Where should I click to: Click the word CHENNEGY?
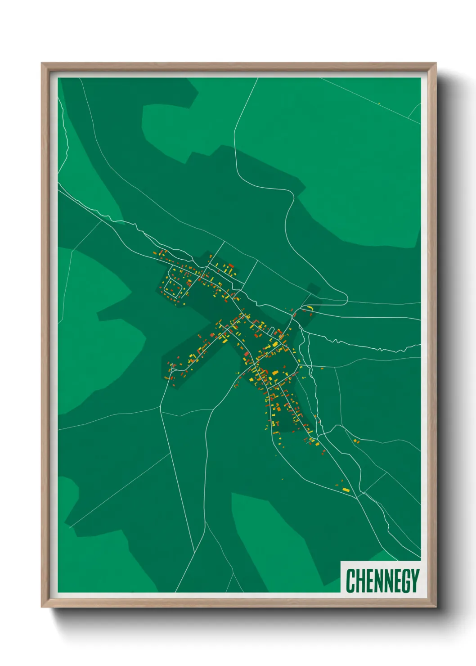click(x=382, y=580)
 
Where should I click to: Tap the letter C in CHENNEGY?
click(x=350, y=580)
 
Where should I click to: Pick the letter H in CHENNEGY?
click(x=359, y=580)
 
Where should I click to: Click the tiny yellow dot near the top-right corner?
click(x=379, y=103)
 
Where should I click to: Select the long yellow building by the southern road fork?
click(x=346, y=490)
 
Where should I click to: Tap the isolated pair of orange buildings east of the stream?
click(x=356, y=441)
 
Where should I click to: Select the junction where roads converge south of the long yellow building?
click(x=357, y=497)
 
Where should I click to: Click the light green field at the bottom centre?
click(x=270, y=540)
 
